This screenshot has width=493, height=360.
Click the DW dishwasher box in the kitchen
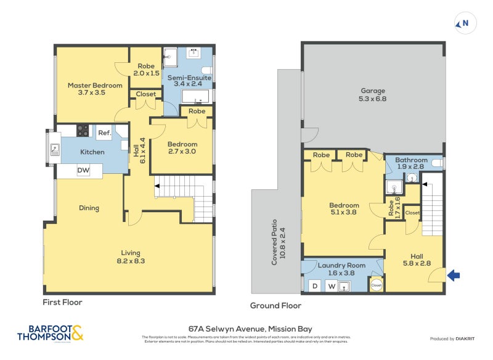tap(83, 171)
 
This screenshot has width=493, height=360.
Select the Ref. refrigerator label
tap(104, 133)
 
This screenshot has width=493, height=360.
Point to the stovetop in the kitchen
tap(83, 131)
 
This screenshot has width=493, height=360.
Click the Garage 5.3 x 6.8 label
tap(373, 94)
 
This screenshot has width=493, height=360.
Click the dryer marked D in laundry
tap(315, 286)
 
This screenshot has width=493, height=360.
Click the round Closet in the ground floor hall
tap(375, 285)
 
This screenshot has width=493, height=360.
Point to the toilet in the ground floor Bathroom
tap(437, 163)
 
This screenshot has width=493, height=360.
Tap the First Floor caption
tap(62, 303)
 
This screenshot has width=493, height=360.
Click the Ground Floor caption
tap(275, 306)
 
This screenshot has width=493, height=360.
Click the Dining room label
tap(89, 208)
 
